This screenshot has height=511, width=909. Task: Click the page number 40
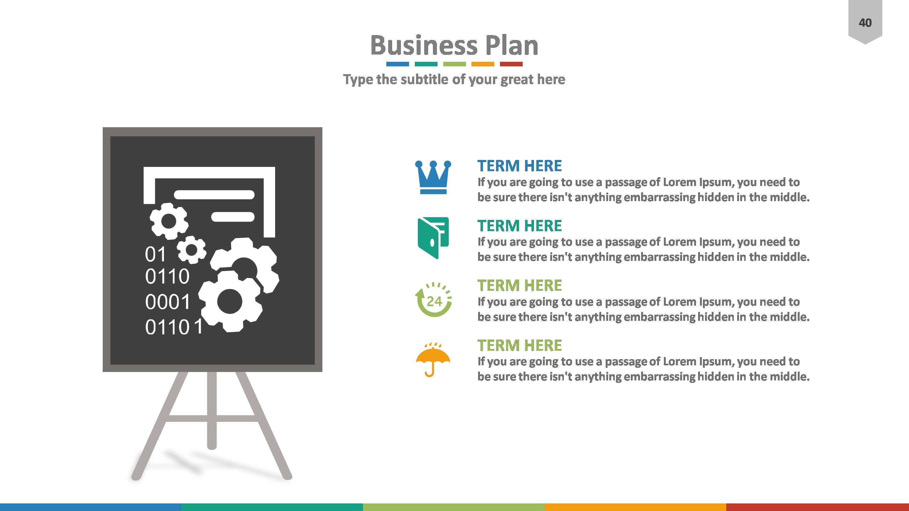[x=865, y=23]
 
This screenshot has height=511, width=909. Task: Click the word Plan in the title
[x=512, y=45]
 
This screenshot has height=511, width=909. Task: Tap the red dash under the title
[x=511, y=64]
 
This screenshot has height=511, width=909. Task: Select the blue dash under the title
[x=397, y=64]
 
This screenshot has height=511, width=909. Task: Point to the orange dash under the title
[x=483, y=64]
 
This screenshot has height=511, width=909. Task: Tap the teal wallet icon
[x=433, y=238]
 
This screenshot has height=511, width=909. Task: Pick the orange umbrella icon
[x=433, y=359]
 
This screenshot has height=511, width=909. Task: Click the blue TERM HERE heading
[x=519, y=166]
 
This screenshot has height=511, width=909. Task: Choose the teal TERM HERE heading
[x=519, y=226]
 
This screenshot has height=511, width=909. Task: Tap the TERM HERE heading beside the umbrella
[x=519, y=345]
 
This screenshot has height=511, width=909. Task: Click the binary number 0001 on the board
[x=168, y=302]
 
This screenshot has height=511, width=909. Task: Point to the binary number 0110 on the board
[x=167, y=277]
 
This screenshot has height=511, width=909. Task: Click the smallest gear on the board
[x=191, y=250]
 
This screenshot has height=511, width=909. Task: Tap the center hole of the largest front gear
[x=230, y=301]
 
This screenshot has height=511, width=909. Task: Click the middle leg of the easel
[x=212, y=409]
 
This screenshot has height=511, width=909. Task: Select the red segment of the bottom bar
[x=817, y=507]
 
